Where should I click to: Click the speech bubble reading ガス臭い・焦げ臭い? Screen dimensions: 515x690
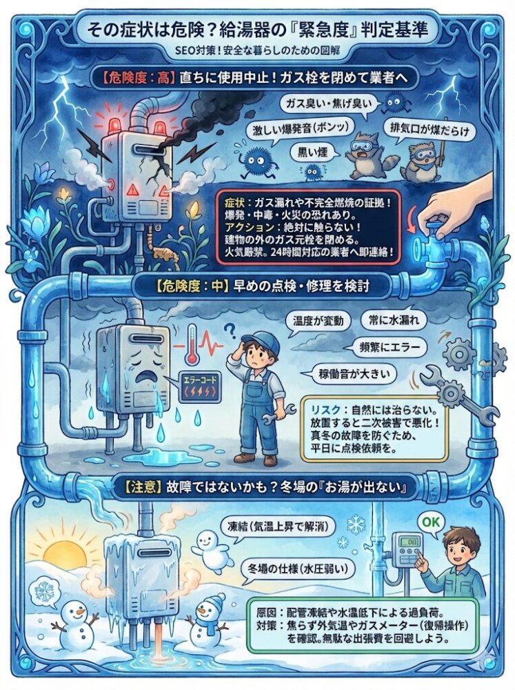(x=328, y=105)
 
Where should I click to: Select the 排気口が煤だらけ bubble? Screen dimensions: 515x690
(x=427, y=130)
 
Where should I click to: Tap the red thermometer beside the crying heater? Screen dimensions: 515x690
(x=192, y=344)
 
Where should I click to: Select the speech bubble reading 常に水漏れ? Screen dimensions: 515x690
(x=393, y=320)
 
